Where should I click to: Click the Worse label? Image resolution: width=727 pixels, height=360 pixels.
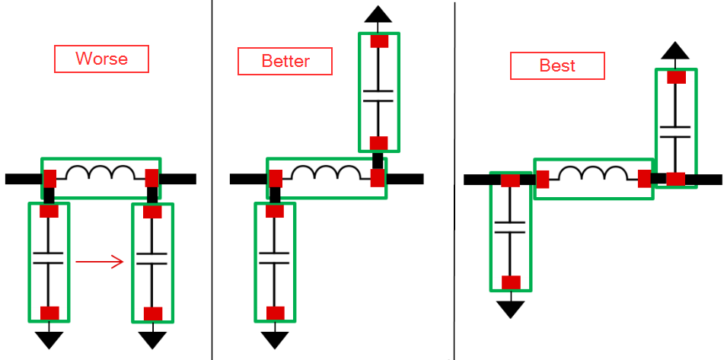[101, 59]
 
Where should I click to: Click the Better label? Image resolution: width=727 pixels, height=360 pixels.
[285, 61]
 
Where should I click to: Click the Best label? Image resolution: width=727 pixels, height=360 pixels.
[557, 65]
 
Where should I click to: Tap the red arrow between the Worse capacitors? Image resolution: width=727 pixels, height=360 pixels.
[100, 262]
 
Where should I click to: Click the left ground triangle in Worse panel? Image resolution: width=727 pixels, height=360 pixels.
[49, 339]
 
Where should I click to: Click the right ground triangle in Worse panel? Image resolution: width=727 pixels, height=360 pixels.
[152, 339]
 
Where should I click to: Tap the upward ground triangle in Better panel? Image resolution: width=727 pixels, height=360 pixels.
[378, 14]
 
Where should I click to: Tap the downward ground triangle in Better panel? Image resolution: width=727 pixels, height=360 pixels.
[275, 339]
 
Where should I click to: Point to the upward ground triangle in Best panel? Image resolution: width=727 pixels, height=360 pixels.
[675, 50]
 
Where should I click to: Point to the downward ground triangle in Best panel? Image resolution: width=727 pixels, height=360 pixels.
[510, 310]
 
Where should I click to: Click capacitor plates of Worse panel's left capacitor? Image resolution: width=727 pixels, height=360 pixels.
[48, 258]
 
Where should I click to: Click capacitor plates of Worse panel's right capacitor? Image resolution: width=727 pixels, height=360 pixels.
[151, 259]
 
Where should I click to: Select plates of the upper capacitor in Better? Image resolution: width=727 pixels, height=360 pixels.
[378, 96]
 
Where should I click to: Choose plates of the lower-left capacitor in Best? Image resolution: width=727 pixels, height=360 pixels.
[510, 228]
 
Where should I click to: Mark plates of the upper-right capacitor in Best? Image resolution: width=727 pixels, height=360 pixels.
[675, 132]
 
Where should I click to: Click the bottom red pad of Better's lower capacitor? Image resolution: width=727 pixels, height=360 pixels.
[275, 314]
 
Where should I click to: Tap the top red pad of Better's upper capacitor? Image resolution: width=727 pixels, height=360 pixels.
[379, 41]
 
